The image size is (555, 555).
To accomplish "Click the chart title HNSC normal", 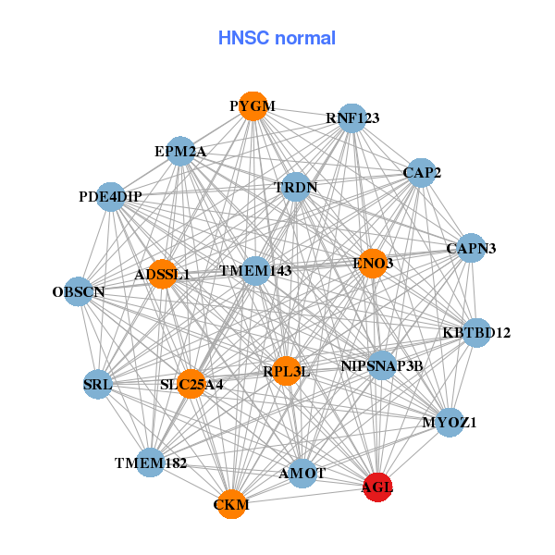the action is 277,38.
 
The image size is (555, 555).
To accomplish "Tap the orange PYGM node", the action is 253,105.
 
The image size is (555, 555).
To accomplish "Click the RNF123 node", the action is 351,117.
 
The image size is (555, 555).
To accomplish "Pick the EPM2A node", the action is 180,151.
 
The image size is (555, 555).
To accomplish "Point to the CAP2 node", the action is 422,172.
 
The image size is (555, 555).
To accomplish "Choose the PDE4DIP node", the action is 111,196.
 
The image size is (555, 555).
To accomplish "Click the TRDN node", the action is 296,188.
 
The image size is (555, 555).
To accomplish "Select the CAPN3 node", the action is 471,248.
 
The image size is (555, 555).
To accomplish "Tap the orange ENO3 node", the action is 373,264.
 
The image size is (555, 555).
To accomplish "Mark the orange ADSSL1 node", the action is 162,274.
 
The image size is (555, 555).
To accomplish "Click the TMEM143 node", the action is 256,271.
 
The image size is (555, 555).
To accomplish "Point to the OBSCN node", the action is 79,292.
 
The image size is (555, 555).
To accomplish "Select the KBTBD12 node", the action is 475,332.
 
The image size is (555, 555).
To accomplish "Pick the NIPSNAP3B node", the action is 382,365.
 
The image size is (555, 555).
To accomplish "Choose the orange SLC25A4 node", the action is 191,384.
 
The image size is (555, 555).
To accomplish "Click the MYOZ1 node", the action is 450,423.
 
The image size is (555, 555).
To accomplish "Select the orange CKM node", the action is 231,504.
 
